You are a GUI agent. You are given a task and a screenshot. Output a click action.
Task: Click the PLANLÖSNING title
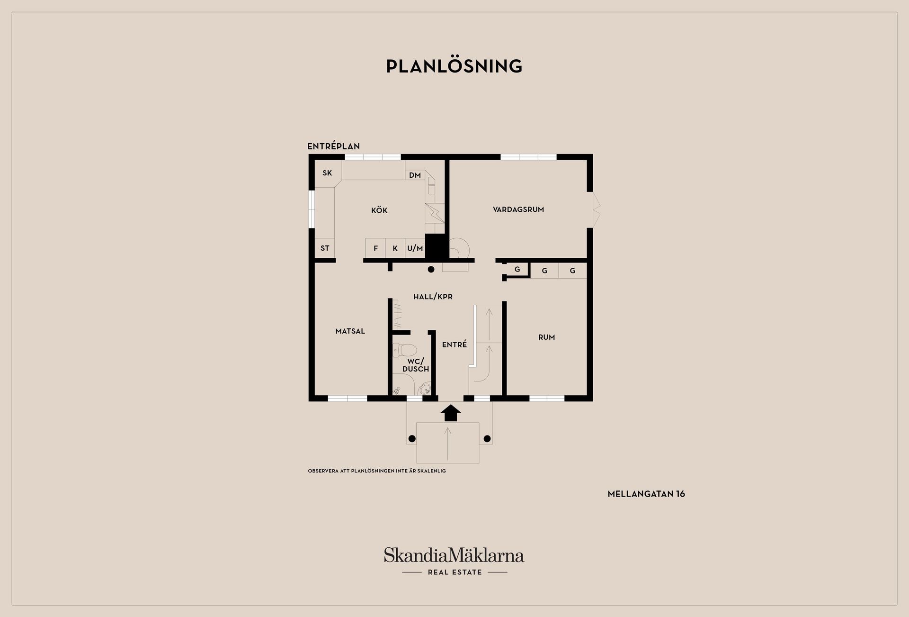coord(454,66)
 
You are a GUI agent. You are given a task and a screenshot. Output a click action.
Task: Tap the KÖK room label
coord(379,210)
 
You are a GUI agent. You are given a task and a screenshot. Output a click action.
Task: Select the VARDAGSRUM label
coord(518,209)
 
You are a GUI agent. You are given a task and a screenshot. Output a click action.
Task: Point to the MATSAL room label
coord(350,331)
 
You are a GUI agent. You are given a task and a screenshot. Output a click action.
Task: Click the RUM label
coord(546,337)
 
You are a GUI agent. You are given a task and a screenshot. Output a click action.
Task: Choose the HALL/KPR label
coord(433,297)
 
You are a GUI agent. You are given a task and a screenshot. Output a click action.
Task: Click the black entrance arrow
coord(451,413)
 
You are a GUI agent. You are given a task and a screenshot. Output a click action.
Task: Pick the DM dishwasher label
coord(415,175)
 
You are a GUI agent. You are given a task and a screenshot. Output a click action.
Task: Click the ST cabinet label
coord(325,248)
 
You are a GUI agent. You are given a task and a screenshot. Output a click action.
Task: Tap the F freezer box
coord(375,248)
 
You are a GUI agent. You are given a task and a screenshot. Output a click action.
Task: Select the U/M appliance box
coord(415,248)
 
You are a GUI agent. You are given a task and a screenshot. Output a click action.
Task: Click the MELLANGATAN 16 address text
coord(646,494)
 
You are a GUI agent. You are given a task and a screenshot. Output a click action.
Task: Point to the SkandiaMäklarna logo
coord(454,562)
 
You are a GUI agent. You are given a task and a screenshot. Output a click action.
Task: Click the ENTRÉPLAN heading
coord(334,146)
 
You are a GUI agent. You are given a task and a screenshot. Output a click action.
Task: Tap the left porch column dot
coord(412,439)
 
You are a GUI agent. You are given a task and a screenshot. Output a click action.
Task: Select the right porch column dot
coord(487,439)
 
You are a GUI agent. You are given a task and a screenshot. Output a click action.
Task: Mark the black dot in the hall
coord(431,270)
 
